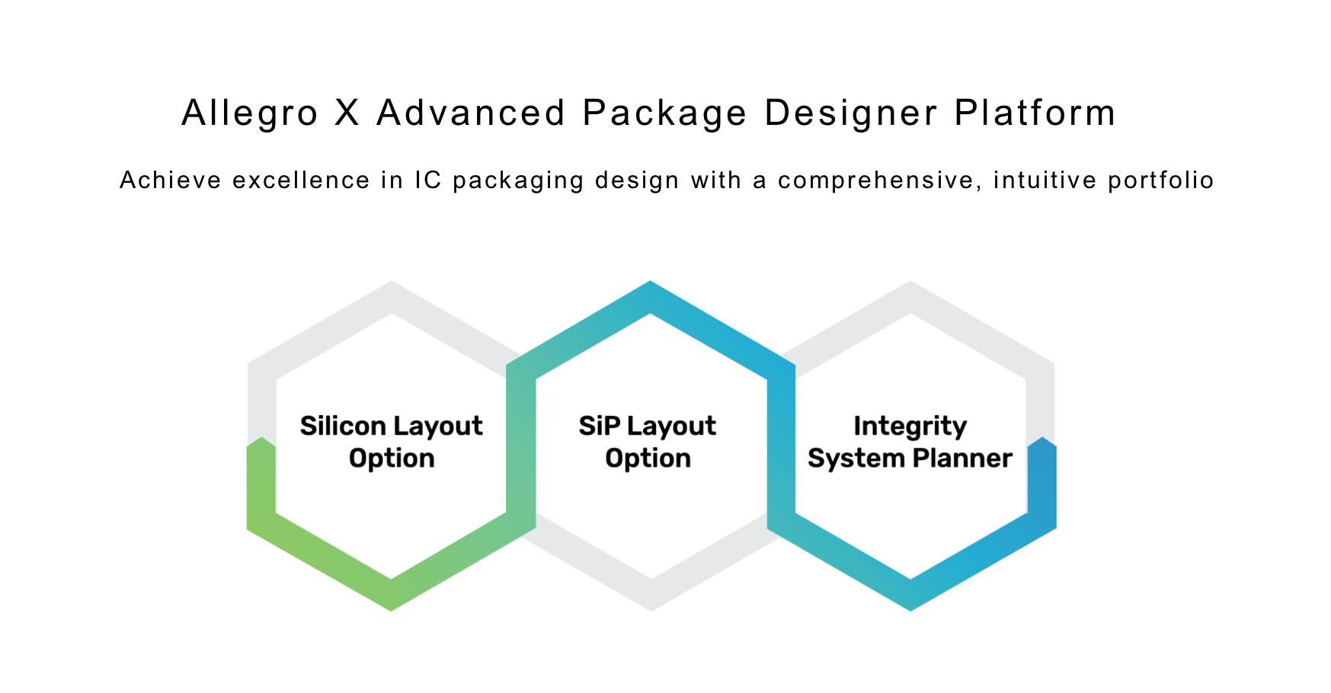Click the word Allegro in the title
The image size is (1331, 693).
click(250, 114)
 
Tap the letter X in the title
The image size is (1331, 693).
click(347, 113)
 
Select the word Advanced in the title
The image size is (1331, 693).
click(472, 113)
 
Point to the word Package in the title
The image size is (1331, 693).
click(665, 114)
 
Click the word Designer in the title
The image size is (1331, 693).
click(851, 114)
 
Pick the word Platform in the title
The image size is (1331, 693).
click(1035, 113)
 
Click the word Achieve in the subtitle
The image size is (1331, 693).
click(171, 180)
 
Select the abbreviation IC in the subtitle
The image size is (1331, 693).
click(428, 180)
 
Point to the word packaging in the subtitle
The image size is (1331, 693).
click(519, 182)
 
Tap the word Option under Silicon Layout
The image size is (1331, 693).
click(392, 459)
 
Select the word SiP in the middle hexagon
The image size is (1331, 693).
click(599, 426)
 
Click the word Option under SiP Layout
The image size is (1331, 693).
click(648, 459)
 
